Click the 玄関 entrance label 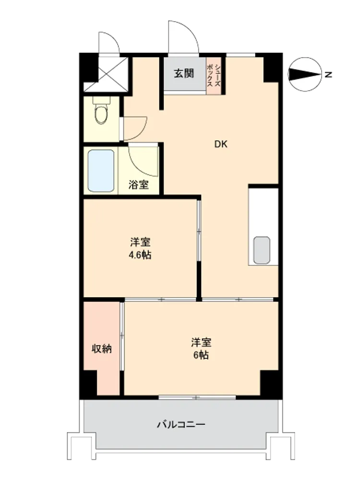(x=184, y=73)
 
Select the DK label (x=221, y=144)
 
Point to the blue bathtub (x=101, y=170)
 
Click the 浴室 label (x=139, y=185)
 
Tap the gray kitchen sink (x=262, y=250)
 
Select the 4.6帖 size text (x=140, y=255)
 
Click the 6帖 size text (x=201, y=355)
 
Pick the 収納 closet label (x=102, y=348)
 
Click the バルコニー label (x=181, y=425)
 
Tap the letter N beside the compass (x=328, y=74)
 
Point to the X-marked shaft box (x=106, y=74)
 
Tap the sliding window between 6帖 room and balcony (x=197, y=397)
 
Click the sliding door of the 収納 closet (x=122, y=336)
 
